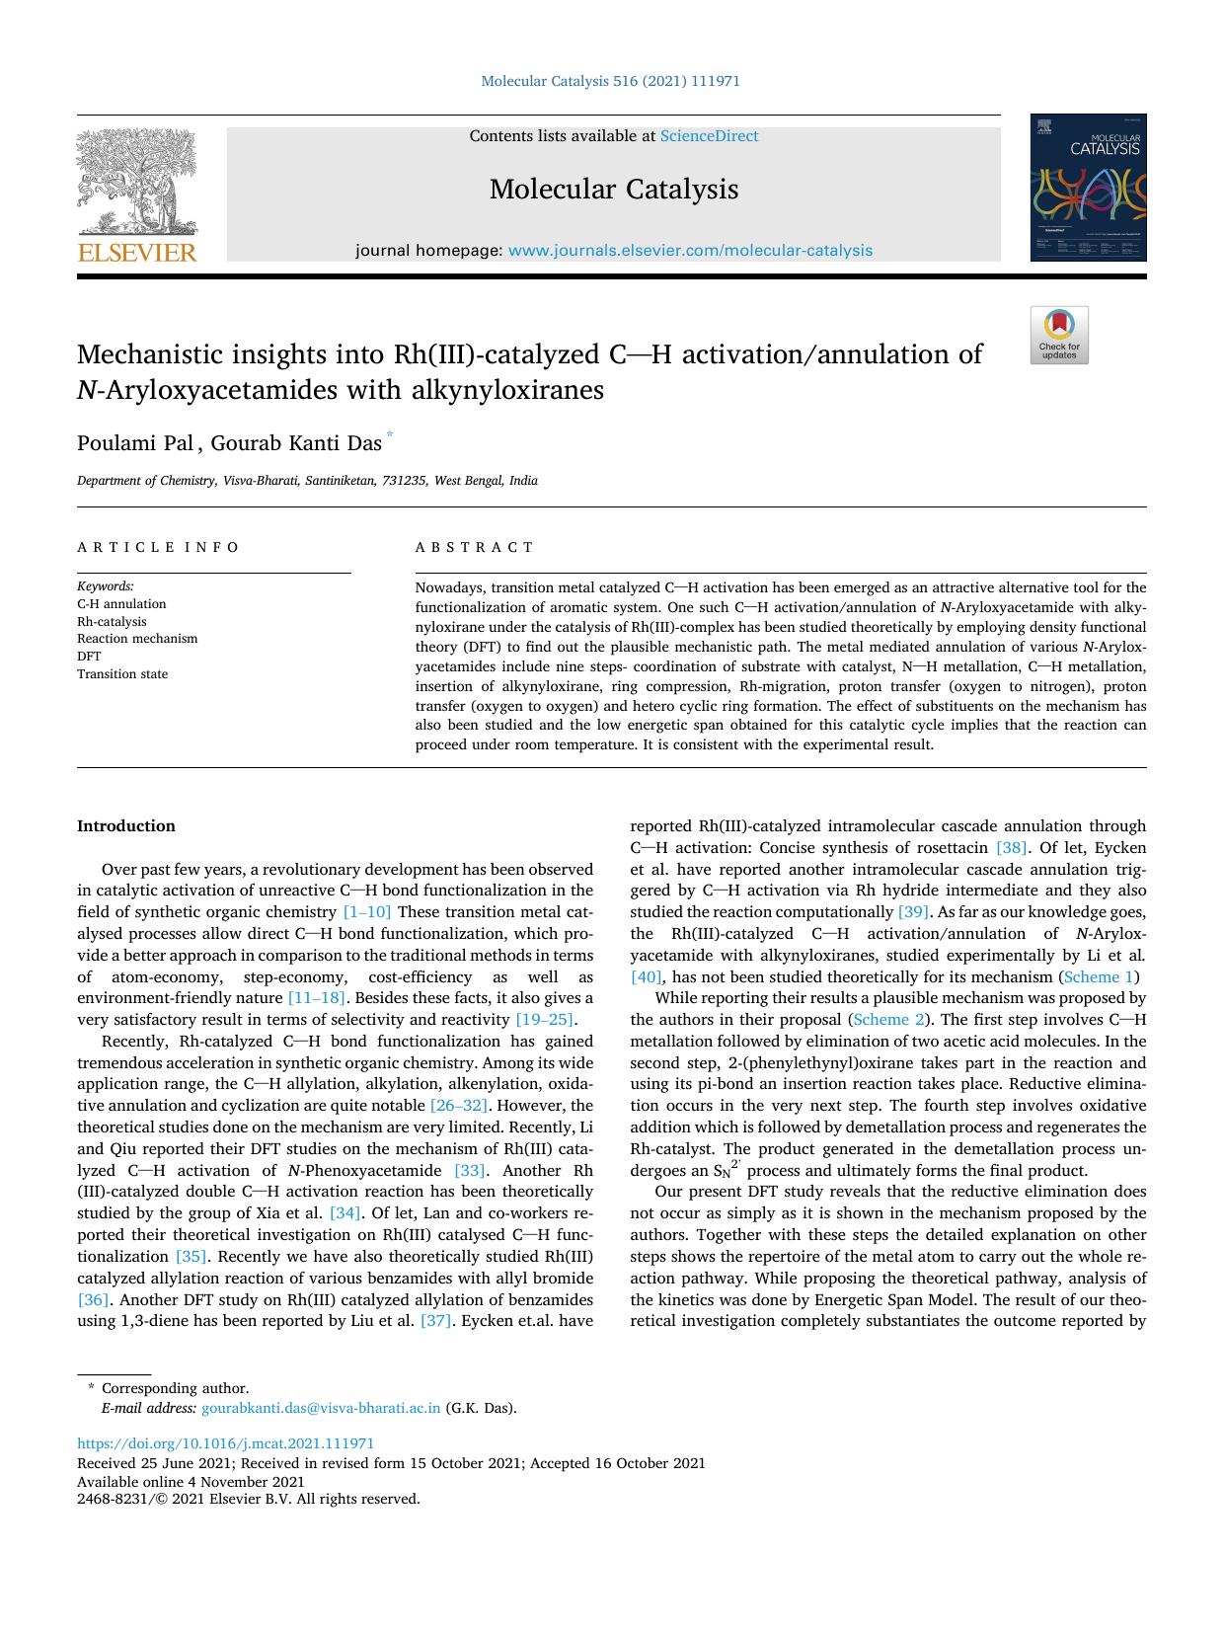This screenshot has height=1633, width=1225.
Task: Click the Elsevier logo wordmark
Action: click(x=137, y=253)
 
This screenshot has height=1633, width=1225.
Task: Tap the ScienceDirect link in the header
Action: click(x=709, y=136)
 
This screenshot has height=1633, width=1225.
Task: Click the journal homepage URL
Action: click(x=690, y=251)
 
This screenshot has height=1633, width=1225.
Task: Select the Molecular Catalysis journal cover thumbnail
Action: click(x=1088, y=188)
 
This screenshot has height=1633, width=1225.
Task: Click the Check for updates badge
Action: click(x=1059, y=336)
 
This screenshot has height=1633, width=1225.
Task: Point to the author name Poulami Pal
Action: click(x=135, y=443)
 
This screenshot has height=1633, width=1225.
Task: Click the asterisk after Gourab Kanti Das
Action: click(x=390, y=434)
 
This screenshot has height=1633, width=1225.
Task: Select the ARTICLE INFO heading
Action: click(x=158, y=547)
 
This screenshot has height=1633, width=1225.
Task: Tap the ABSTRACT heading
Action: click(x=475, y=547)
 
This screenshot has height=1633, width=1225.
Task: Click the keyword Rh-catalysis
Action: click(x=112, y=622)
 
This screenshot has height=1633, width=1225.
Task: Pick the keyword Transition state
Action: click(x=122, y=674)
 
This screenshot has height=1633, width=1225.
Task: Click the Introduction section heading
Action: click(x=126, y=826)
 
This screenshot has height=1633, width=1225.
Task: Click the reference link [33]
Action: click(x=469, y=1171)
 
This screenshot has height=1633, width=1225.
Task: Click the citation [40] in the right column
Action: click(x=647, y=977)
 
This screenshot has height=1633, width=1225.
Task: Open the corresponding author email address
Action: click(x=321, y=1408)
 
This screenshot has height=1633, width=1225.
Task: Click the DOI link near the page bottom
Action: click(x=226, y=1443)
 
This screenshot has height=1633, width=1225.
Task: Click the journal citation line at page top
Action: click(x=610, y=81)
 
